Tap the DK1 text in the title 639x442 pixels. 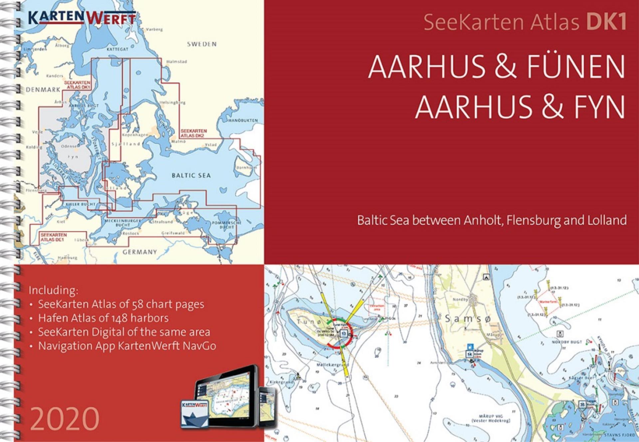[x=606, y=22]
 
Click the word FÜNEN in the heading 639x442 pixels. [x=575, y=67]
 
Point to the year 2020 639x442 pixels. [x=65, y=418]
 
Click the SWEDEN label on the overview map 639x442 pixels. [x=202, y=44]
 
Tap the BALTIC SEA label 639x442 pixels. [x=191, y=175]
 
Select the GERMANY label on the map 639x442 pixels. [x=139, y=252]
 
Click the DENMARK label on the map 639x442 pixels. [x=43, y=90]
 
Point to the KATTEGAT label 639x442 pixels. [x=117, y=49]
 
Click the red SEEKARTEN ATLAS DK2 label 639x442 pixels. [x=194, y=133]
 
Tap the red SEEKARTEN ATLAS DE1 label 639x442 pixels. [x=54, y=237]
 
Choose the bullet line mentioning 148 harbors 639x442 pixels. [x=103, y=318]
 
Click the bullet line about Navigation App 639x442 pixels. [x=127, y=346]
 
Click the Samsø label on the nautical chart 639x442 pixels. [x=468, y=319]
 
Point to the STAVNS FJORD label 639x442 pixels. [x=620, y=435]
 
